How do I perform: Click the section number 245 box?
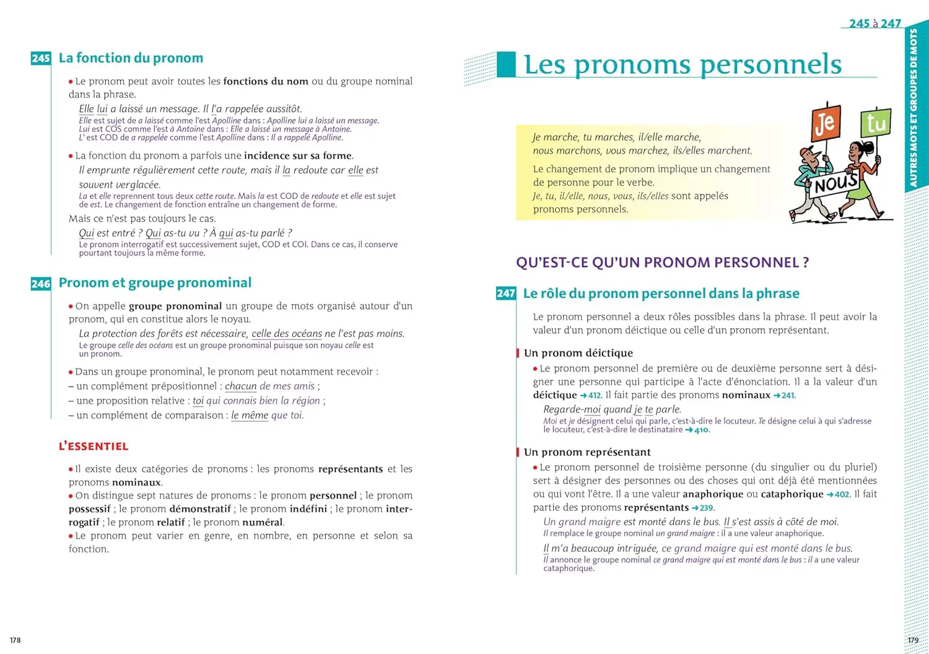pyautogui.click(x=41, y=58)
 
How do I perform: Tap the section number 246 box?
pyautogui.click(x=41, y=284)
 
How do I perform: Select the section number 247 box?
pyautogui.click(x=506, y=294)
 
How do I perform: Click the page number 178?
pyautogui.click(x=15, y=640)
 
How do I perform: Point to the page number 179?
pyautogui.click(x=913, y=640)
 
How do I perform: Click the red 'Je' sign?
pyautogui.click(x=826, y=123)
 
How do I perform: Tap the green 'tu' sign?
pyautogui.click(x=876, y=123)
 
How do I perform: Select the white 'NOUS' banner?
pyautogui.click(x=835, y=184)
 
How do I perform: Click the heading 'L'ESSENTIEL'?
pyautogui.click(x=94, y=447)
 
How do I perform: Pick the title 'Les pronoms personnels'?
pyautogui.click(x=683, y=65)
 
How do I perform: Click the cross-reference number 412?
pyautogui.click(x=594, y=396)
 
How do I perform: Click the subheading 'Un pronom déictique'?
pyautogui.click(x=578, y=353)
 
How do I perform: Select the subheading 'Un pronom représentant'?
pyautogui.click(x=587, y=452)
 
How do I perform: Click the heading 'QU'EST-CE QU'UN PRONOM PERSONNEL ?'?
pyautogui.click(x=662, y=263)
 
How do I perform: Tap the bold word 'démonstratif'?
pyautogui.click(x=199, y=509)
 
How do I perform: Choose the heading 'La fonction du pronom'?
pyautogui.click(x=131, y=58)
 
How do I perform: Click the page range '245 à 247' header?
pyautogui.click(x=874, y=24)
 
